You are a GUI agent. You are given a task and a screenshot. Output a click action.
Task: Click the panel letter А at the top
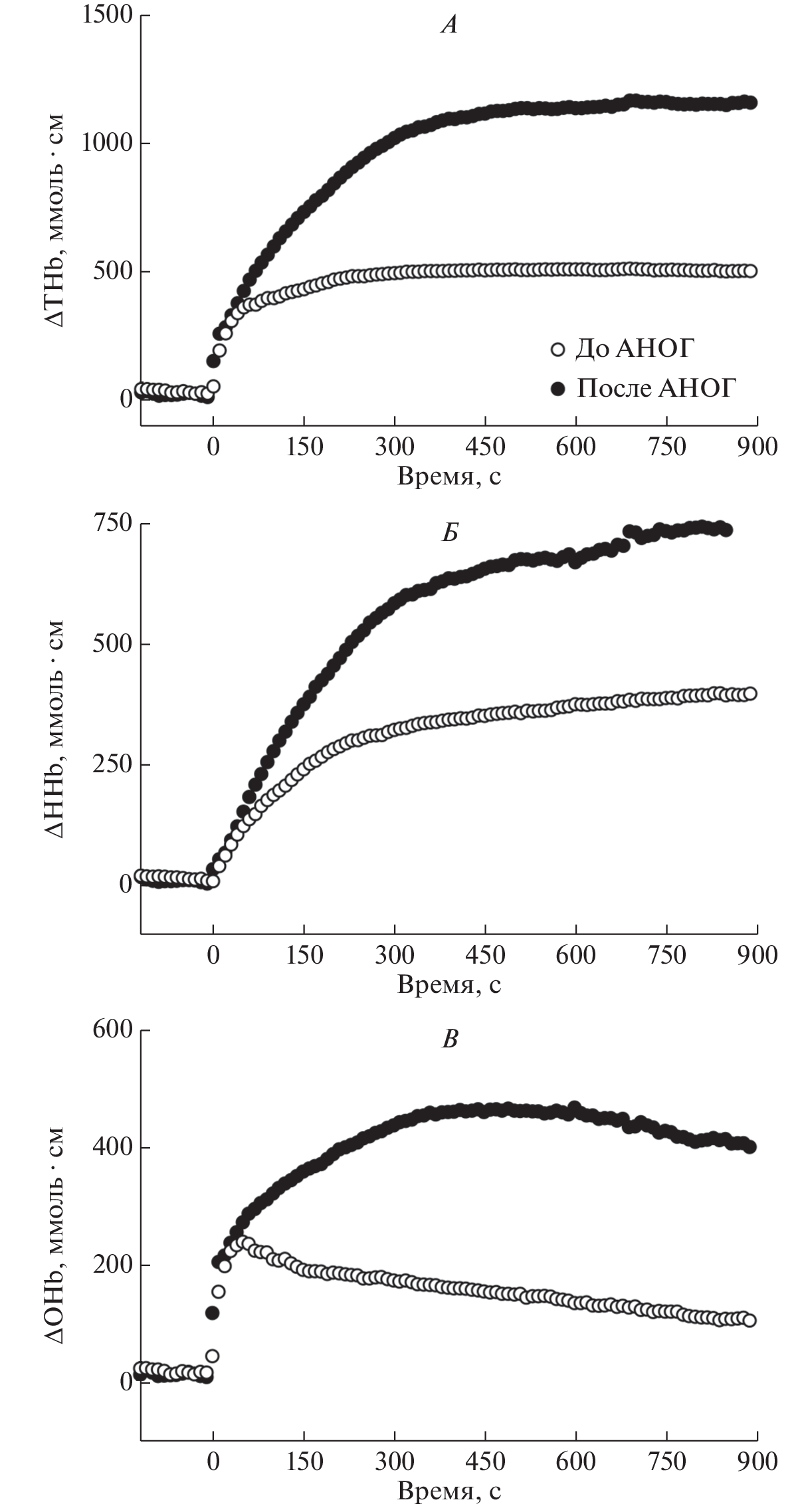[x=450, y=26]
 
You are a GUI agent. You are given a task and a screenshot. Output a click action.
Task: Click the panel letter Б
[x=450, y=534]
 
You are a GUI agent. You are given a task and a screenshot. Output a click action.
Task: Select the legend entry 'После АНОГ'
[x=656, y=388]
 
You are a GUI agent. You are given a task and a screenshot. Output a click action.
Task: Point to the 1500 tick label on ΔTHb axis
[x=107, y=15]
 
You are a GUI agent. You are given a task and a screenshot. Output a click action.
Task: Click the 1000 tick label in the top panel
[x=107, y=144]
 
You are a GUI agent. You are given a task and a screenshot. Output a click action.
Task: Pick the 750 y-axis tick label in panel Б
[x=114, y=524]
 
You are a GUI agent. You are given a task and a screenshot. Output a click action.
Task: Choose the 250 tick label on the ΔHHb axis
[x=114, y=764]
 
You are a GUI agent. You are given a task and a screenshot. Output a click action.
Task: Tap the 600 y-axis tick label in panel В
[x=114, y=1030]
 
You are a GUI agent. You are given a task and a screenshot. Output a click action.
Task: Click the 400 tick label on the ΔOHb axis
[x=114, y=1148]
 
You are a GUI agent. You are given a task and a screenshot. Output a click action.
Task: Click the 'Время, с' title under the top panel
[x=449, y=477]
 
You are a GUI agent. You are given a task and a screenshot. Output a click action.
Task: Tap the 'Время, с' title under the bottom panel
[x=449, y=1491]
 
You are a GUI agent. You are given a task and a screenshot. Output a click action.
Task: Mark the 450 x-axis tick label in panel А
[x=486, y=447]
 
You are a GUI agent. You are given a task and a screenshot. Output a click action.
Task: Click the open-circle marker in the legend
[x=557, y=349]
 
